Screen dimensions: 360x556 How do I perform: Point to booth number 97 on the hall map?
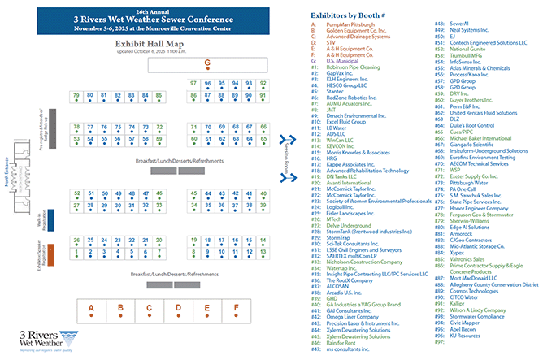pyautogui.click(x=193, y=83)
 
